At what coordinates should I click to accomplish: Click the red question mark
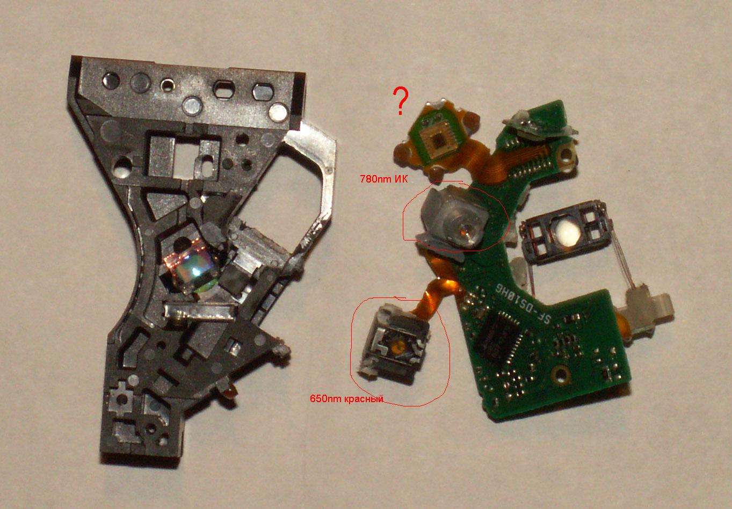pos(400,100)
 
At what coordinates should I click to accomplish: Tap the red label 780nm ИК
pos(383,179)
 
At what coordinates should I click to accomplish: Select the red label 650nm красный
pos(346,399)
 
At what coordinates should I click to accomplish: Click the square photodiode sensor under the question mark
pos(438,141)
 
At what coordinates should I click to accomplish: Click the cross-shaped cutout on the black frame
pos(121,398)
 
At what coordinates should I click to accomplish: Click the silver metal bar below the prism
pos(200,311)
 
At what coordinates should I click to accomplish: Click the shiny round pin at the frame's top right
pos(278,111)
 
